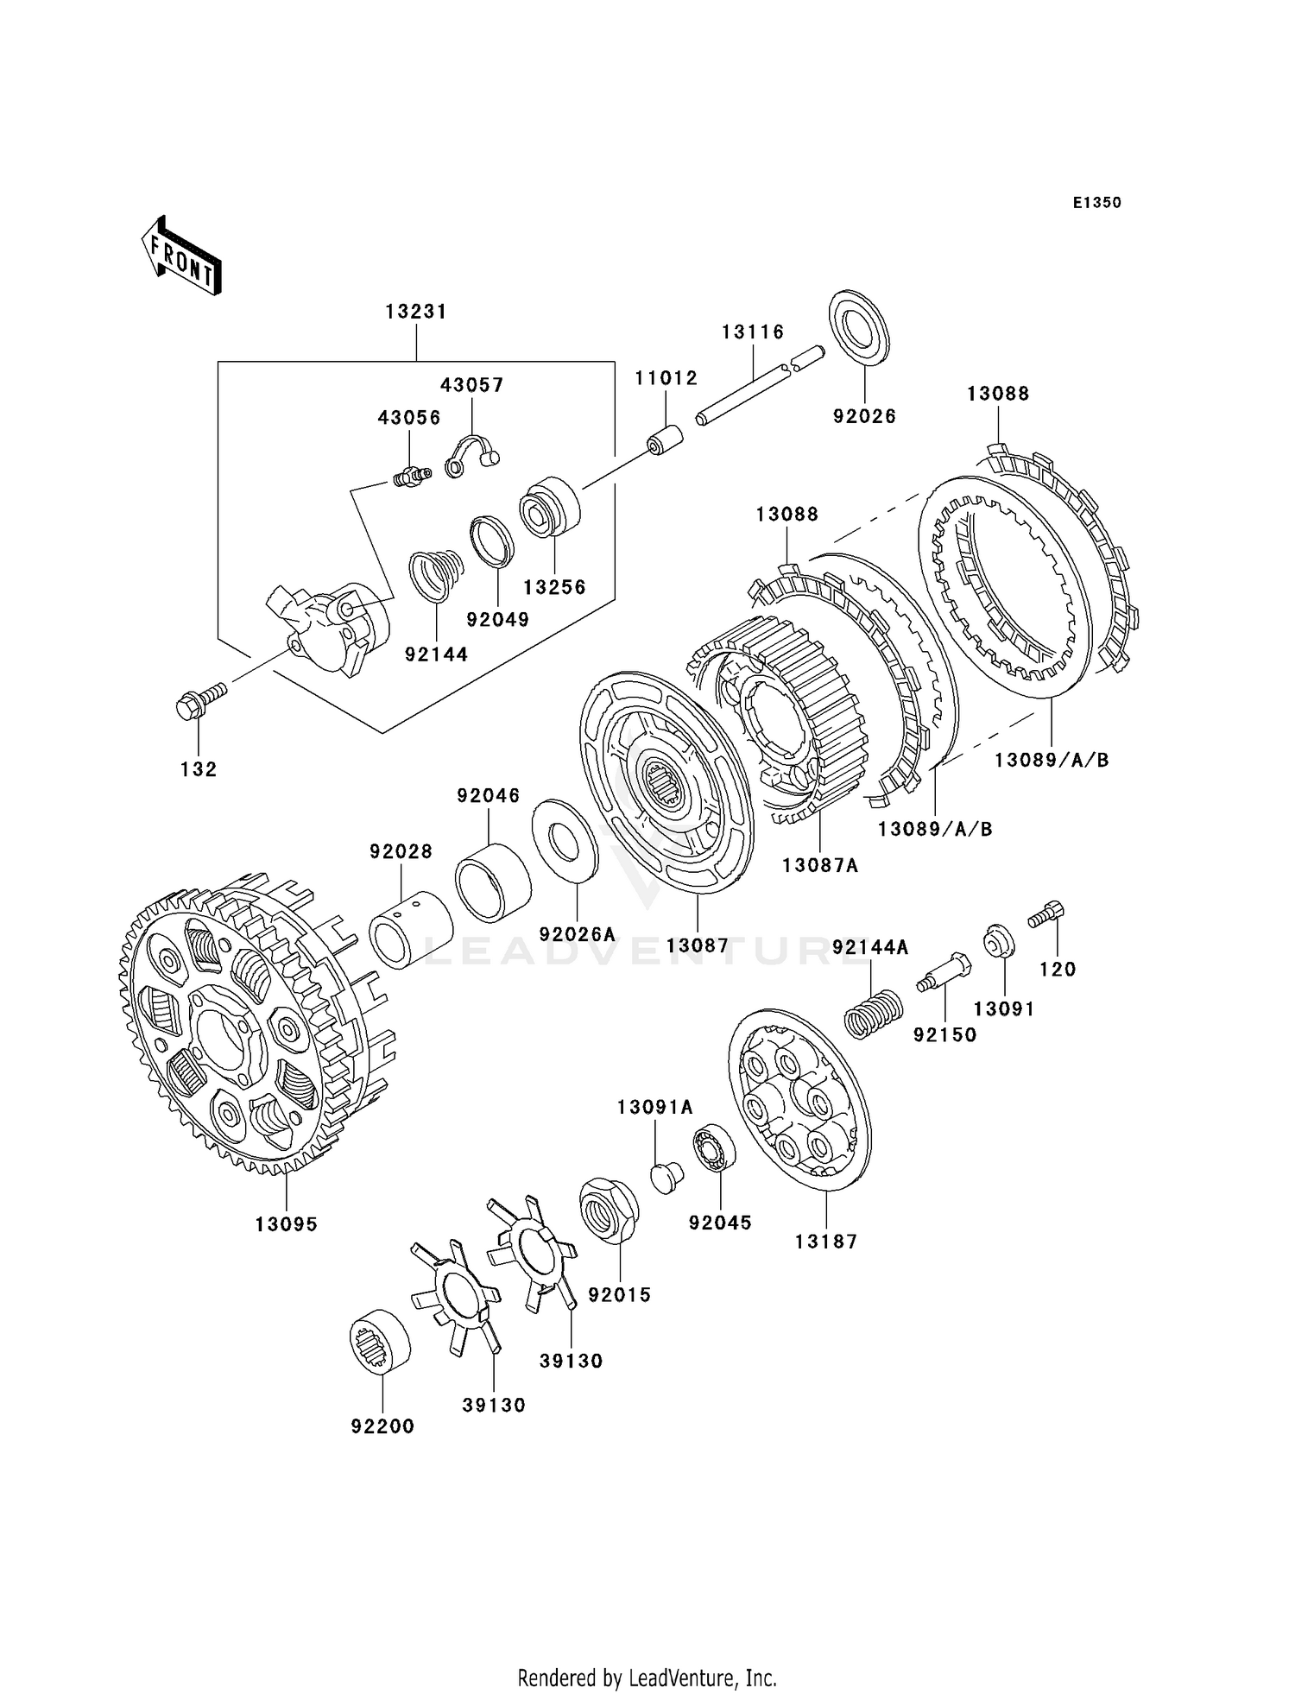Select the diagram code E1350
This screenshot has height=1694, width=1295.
[x=1096, y=203]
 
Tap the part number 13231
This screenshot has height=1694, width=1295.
[x=416, y=312]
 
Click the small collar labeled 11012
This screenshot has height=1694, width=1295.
[x=665, y=439]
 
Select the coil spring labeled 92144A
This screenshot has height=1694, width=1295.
[x=873, y=1013]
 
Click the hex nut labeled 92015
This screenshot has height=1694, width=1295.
[x=610, y=1210]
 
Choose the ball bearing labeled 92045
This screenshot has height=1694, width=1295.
[x=714, y=1149]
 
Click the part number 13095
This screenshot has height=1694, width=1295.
[x=287, y=1224]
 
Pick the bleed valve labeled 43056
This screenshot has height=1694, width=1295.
[x=411, y=476]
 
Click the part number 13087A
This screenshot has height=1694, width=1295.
[x=820, y=864]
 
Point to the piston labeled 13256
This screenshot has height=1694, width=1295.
[x=550, y=507]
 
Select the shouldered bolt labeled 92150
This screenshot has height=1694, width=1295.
[x=944, y=973]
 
